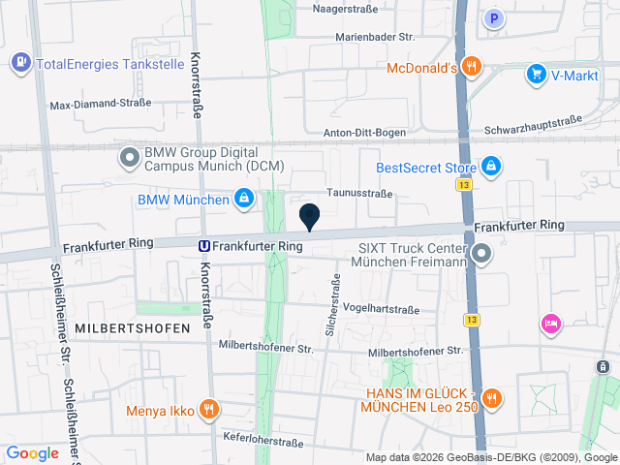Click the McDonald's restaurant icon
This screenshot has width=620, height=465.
click(x=472, y=67)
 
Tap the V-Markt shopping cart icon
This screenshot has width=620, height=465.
click(x=536, y=73)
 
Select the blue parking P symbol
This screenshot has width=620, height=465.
click(x=495, y=17)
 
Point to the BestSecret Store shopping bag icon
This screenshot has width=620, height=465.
click(x=491, y=167)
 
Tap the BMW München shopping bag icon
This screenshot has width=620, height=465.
click(x=243, y=201)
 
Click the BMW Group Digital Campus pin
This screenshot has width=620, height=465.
click(x=129, y=156)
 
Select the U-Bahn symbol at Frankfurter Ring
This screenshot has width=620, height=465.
click(x=204, y=246)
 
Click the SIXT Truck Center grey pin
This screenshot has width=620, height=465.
click(x=481, y=255)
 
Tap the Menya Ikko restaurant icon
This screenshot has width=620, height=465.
click(x=207, y=409)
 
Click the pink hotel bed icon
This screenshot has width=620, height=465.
click(x=550, y=323)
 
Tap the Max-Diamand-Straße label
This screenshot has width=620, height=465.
click(x=101, y=105)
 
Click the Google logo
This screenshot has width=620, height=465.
click(x=32, y=452)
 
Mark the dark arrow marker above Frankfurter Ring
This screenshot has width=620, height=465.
click(x=310, y=218)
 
